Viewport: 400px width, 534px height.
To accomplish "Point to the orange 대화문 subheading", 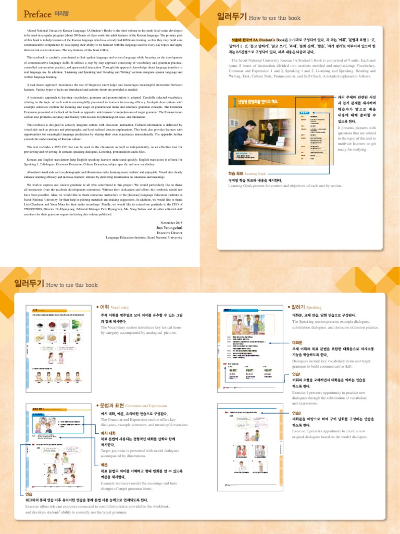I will point(298,342).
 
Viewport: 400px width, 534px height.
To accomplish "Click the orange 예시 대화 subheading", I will point(108,433).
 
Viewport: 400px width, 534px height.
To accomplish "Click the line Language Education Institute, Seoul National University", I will point(144,237).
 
